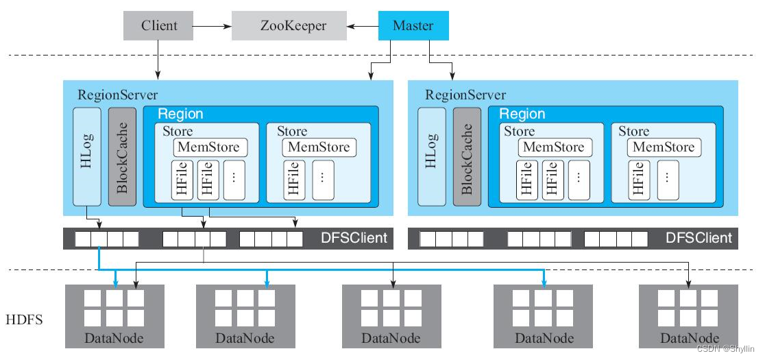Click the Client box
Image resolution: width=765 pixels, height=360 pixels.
click(x=159, y=26)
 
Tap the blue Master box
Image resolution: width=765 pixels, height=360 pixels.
click(x=413, y=26)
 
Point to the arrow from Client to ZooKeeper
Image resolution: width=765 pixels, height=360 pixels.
click(x=213, y=26)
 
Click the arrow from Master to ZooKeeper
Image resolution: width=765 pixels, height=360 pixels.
click(x=361, y=26)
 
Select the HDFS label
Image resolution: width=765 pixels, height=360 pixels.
click(x=25, y=320)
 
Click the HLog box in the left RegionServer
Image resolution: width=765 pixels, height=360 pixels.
click(x=86, y=156)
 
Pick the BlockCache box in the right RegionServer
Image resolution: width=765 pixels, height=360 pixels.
click(x=467, y=156)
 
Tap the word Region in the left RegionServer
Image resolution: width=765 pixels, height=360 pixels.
click(x=180, y=114)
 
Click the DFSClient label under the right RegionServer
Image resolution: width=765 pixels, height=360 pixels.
click(x=699, y=238)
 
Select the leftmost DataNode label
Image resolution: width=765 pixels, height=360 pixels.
click(x=114, y=338)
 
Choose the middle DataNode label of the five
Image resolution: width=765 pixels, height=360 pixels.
click(x=391, y=338)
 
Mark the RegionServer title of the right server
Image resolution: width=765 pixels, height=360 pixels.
click(x=465, y=95)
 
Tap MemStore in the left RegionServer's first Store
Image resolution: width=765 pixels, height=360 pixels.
click(x=209, y=147)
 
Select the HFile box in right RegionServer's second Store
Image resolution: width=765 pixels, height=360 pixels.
click(x=638, y=180)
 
